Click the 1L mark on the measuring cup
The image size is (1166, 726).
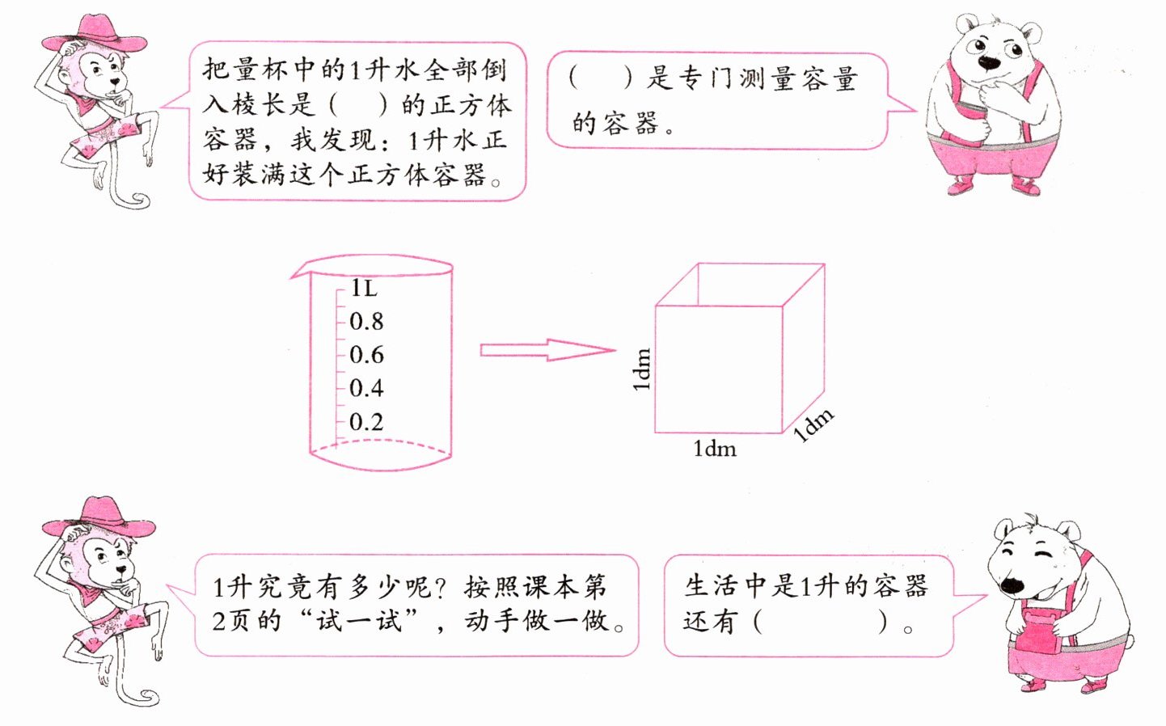[364, 288]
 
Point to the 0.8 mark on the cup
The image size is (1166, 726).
[366, 322]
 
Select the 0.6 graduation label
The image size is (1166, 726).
[366, 355]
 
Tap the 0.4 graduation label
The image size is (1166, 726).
[366, 388]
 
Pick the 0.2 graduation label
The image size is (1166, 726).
[366, 422]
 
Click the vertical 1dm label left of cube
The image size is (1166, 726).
[641, 369]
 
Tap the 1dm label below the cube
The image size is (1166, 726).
[715, 449]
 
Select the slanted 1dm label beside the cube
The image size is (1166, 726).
[813, 425]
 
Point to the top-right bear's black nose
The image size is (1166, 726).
[988, 61]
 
